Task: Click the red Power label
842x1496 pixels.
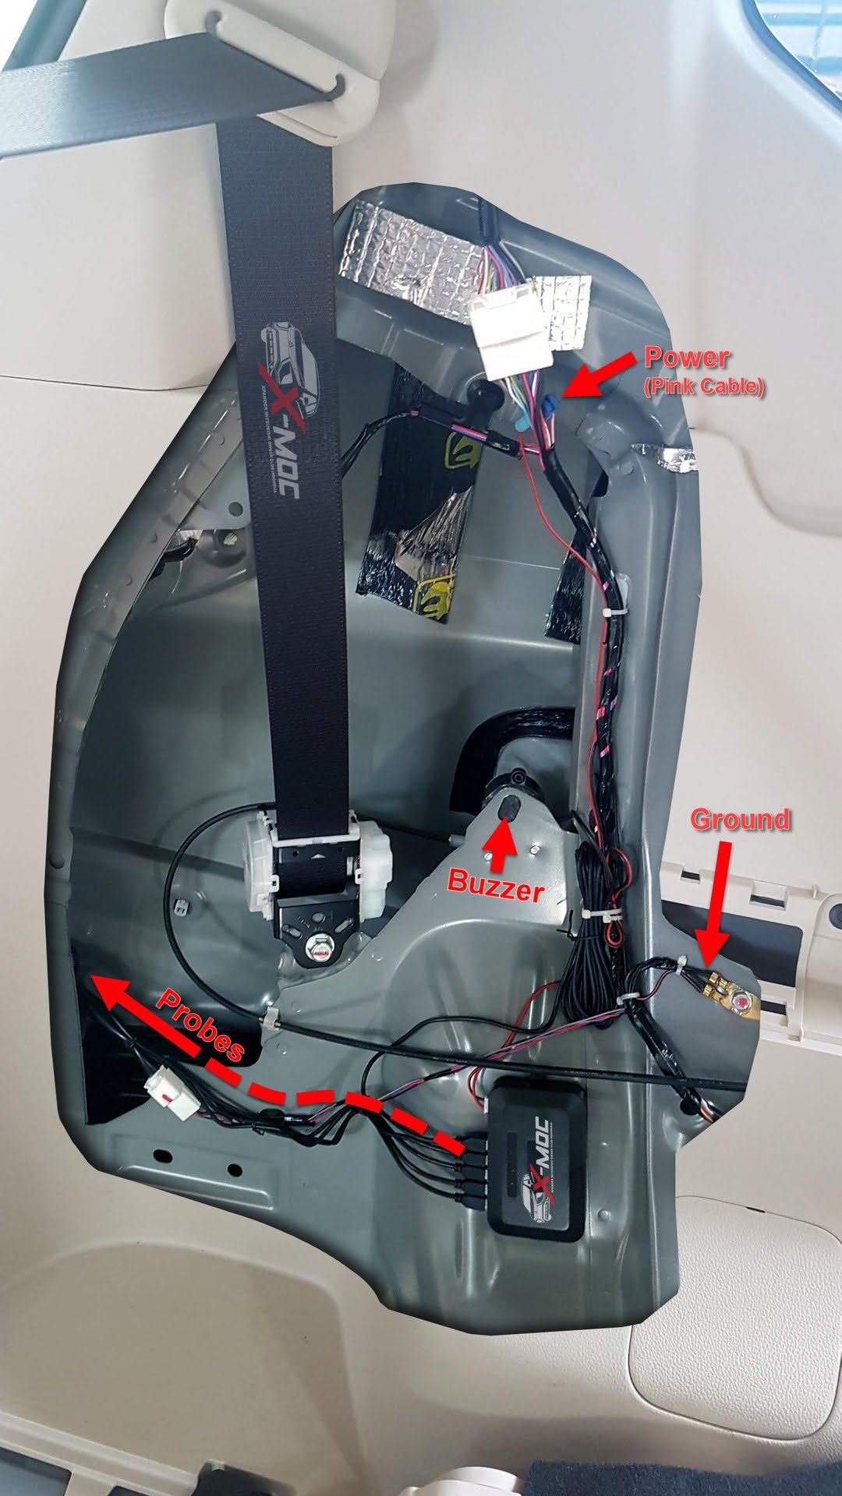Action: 686,358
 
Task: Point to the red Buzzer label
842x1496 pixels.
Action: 496,885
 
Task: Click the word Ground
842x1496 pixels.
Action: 740,820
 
